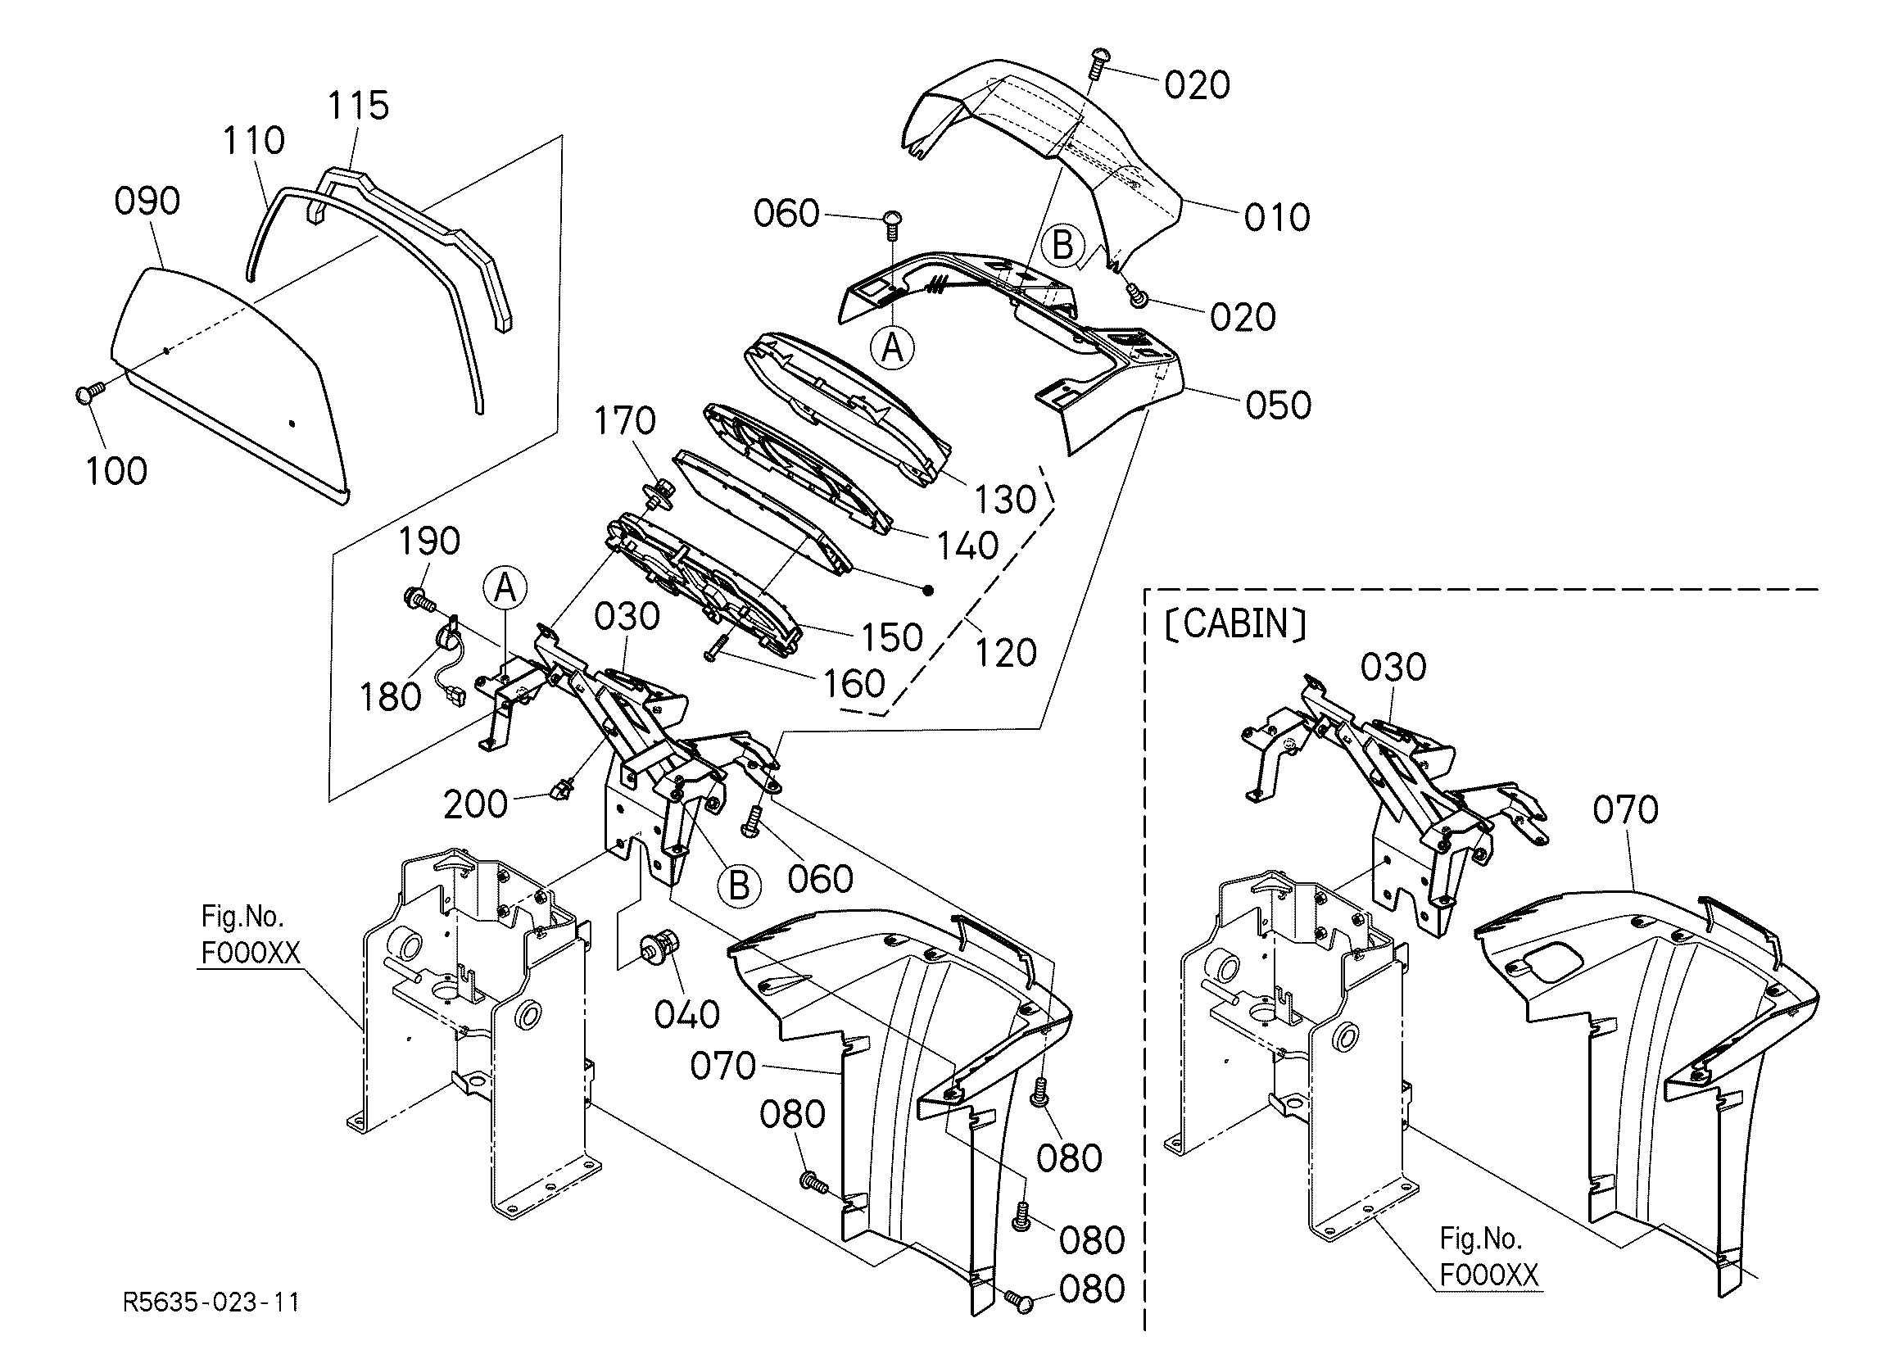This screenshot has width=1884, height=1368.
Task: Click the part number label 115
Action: pyautogui.click(x=358, y=106)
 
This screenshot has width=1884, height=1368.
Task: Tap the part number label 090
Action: pyautogui.click(x=147, y=201)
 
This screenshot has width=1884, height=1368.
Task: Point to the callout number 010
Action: pyautogui.click(x=1277, y=218)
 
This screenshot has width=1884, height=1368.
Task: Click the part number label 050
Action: pyautogui.click(x=1279, y=405)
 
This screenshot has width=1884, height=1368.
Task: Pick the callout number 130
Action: pyautogui.click(x=1005, y=500)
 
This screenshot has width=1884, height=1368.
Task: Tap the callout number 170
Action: pyautogui.click(x=625, y=421)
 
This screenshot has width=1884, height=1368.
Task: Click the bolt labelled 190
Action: pyautogui.click(x=420, y=596)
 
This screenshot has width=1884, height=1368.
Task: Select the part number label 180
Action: pyautogui.click(x=391, y=697)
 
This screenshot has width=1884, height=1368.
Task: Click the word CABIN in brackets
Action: pyautogui.click(x=1237, y=623)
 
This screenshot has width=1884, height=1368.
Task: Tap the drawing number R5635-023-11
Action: pyautogui.click(x=211, y=1302)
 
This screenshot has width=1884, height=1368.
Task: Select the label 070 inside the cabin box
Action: pyautogui.click(x=1626, y=810)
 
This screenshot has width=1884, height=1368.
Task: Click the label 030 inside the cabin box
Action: pyautogui.click(x=1394, y=667)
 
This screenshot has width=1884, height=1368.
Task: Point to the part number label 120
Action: pyautogui.click(x=1005, y=654)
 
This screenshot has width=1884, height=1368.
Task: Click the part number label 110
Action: pyautogui.click(x=253, y=140)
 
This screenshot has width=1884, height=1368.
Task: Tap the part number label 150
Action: pyautogui.click(x=891, y=638)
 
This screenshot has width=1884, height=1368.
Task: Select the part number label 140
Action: pyautogui.click(x=967, y=546)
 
